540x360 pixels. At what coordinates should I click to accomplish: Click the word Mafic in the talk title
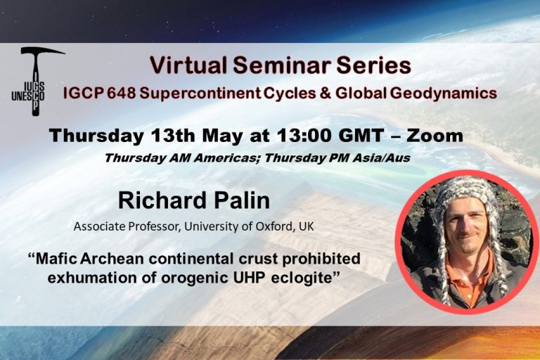(57, 259)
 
